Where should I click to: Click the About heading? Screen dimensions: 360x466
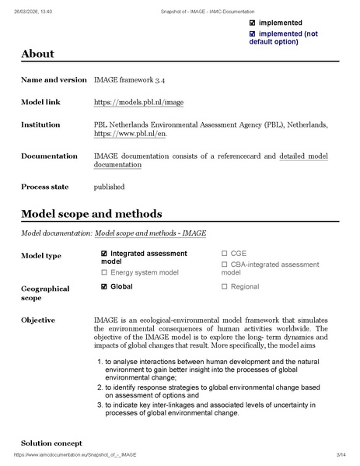pos(37,54)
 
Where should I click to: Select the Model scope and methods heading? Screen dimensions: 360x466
pos(92,213)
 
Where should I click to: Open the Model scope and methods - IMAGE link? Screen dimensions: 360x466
pos(150,233)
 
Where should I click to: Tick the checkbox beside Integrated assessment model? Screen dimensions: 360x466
pos(105,254)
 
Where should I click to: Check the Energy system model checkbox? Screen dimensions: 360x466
pos(105,272)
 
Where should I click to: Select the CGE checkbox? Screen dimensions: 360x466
pos(225,254)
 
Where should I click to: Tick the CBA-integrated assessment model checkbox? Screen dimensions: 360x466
pos(225,265)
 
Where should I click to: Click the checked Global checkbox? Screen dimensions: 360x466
pos(105,286)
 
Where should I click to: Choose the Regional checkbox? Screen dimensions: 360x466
pos(225,286)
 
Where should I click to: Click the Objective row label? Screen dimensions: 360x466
pos(38,320)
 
